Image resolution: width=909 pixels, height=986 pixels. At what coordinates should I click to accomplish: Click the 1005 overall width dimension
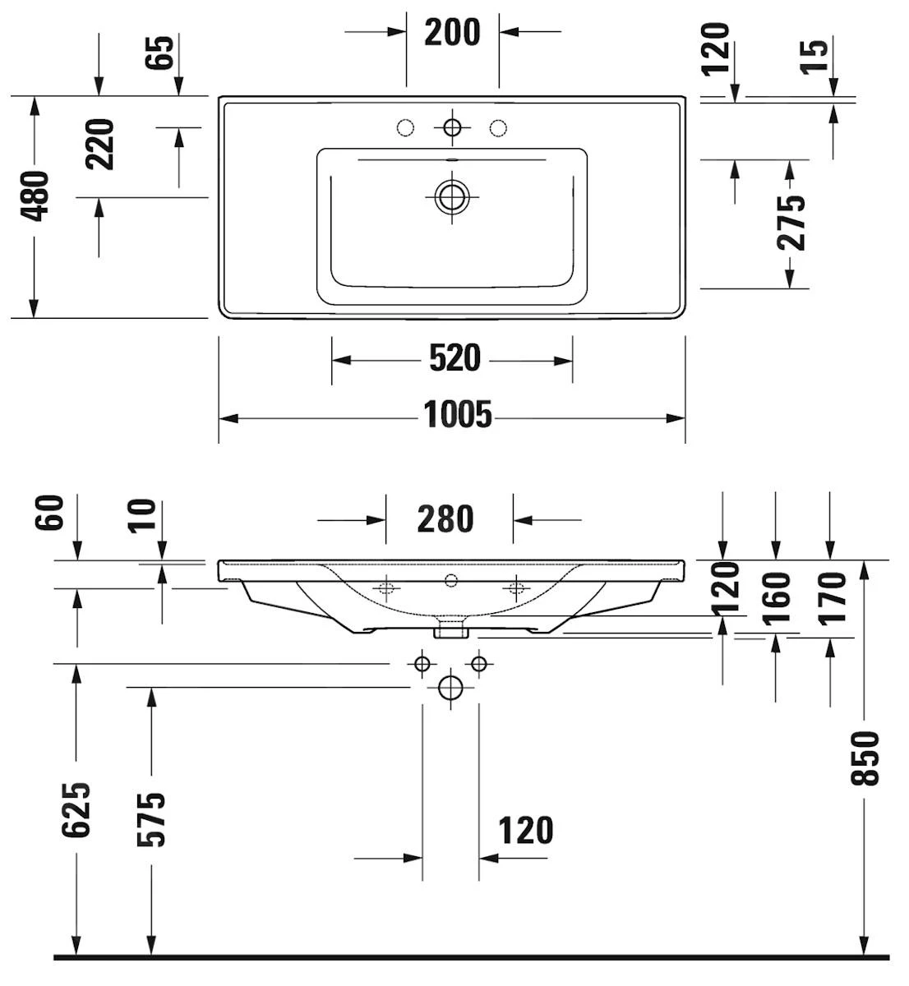pyautogui.click(x=458, y=415)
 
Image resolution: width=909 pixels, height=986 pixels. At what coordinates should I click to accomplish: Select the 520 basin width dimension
pyautogui.click(x=454, y=358)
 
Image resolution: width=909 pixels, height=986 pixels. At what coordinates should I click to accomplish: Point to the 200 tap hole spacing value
pyautogui.click(x=452, y=32)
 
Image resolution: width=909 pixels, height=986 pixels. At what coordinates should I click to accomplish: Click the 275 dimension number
pyautogui.click(x=791, y=222)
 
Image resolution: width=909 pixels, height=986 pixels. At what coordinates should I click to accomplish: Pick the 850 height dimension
pyautogui.click(x=865, y=757)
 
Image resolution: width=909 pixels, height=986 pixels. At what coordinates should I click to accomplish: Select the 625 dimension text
pyautogui.click(x=76, y=809)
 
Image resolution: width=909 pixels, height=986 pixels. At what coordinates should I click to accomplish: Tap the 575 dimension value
pyautogui.click(x=151, y=819)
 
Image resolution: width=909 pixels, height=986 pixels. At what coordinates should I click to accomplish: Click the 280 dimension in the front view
pyautogui.click(x=445, y=519)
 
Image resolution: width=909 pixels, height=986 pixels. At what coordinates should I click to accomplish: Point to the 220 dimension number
pyautogui.click(x=101, y=145)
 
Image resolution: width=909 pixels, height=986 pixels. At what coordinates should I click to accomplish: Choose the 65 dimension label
pyautogui.click(x=161, y=53)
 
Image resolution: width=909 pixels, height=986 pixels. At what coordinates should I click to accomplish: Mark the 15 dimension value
pyautogui.click(x=815, y=56)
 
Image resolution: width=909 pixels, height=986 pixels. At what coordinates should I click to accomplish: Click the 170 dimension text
pyautogui.click(x=832, y=598)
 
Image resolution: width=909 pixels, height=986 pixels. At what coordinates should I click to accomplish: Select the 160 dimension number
pyautogui.click(x=777, y=598)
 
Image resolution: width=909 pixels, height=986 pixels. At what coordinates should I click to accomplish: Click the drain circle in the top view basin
pyautogui.click(x=451, y=196)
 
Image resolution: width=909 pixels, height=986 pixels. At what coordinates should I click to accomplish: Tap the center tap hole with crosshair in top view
pyautogui.click(x=451, y=127)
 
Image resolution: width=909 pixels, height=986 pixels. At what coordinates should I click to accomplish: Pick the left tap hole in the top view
pyautogui.click(x=404, y=127)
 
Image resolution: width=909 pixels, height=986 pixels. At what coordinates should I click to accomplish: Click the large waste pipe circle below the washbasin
pyautogui.click(x=450, y=686)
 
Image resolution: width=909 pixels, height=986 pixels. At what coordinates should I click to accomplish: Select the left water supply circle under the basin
pyautogui.click(x=422, y=663)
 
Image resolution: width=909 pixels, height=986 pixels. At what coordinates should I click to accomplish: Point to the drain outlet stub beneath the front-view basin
pyautogui.click(x=450, y=629)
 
